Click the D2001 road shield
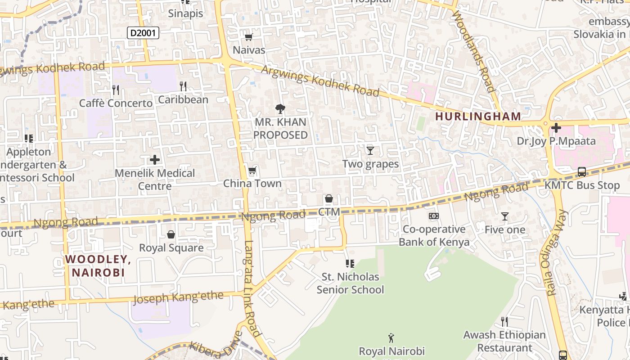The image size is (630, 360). (x=143, y=32)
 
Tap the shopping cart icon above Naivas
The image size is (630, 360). (x=248, y=37)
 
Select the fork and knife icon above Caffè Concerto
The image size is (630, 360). (x=116, y=90)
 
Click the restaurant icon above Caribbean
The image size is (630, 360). (x=183, y=86)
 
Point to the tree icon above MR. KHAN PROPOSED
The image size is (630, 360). (x=280, y=108)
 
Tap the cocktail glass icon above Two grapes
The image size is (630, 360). (x=370, y=150)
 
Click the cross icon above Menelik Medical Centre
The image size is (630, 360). (x=155, y=160)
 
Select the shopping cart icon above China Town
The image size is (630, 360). (x=252, y=171)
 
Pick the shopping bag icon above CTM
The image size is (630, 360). (x=329, y=198)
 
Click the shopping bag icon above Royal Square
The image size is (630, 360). (x=171, y=234)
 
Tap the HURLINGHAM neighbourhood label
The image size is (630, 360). (x=478, y=117)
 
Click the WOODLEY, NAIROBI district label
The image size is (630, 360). (x=98, y=265)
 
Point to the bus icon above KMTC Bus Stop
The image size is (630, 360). (x=581, y=172)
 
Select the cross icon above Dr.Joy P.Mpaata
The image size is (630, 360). (x=556, y=128)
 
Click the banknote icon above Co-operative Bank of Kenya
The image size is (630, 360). (x=434, y=216)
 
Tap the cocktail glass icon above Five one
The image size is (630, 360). (x=504, y=216)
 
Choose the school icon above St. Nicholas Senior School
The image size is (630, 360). (x=350, y=263)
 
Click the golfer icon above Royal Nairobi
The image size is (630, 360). (x=391, y=337)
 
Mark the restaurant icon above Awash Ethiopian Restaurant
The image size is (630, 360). (x=504, y=321)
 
